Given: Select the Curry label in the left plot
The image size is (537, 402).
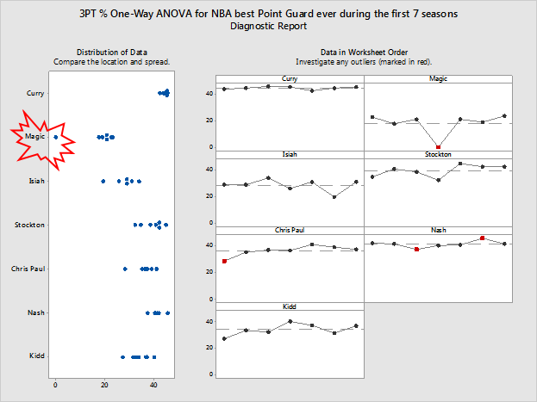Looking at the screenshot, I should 35,93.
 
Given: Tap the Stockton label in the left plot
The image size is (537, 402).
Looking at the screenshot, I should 30,225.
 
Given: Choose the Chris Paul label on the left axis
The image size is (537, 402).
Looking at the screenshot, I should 28,269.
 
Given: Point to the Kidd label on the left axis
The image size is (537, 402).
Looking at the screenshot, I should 36,356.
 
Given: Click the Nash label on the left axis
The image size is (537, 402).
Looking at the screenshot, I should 35,312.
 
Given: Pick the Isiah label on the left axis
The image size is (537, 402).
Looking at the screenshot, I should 35,181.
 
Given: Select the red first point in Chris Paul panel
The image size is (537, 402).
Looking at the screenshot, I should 225,261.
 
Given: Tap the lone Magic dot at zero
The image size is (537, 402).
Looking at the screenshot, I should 56,137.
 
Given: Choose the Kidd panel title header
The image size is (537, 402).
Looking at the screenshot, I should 290,307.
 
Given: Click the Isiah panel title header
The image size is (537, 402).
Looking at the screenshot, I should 290,155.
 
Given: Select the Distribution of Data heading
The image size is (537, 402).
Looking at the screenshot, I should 111,53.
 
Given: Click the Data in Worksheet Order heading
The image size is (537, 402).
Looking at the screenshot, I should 363,53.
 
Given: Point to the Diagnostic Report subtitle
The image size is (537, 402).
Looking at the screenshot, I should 268,27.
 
